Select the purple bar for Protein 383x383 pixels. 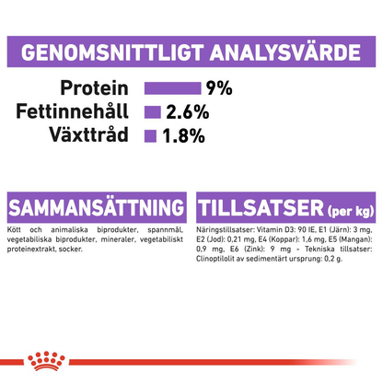[172, 88]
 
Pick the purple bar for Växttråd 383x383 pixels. [148, 136]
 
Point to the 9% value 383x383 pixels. [219, 88]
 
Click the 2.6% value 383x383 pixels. [184, 112]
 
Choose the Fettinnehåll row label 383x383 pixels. [76, 112]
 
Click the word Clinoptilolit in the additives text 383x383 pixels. [219, 261]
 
